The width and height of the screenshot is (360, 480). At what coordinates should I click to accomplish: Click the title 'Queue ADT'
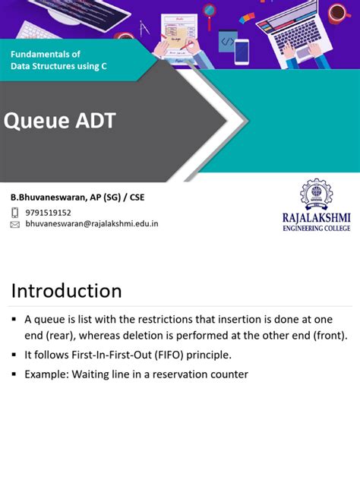coord(60,120)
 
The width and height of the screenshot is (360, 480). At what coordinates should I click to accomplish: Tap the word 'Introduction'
coord(66,291)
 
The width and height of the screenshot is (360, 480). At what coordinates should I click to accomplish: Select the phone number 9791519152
coord(49,213)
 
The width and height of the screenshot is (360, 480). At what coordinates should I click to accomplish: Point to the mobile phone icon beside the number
coord(15,213)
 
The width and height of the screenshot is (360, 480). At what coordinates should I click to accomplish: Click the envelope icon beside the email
coord(15,225)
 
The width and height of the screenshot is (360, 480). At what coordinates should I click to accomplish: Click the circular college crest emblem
coord(316,195)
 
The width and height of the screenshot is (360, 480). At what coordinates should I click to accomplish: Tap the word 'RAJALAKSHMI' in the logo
coord(316,218)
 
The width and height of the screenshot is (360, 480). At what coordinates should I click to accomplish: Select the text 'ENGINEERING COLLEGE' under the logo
coord(316,228)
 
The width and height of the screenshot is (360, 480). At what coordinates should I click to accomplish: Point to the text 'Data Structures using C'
coord(58,67)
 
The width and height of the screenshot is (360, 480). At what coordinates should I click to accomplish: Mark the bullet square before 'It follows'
coord(14,355)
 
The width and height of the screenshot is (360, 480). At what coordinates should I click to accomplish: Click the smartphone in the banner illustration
coord(242,52)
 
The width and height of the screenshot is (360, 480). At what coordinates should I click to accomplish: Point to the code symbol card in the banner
coord(227,40)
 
